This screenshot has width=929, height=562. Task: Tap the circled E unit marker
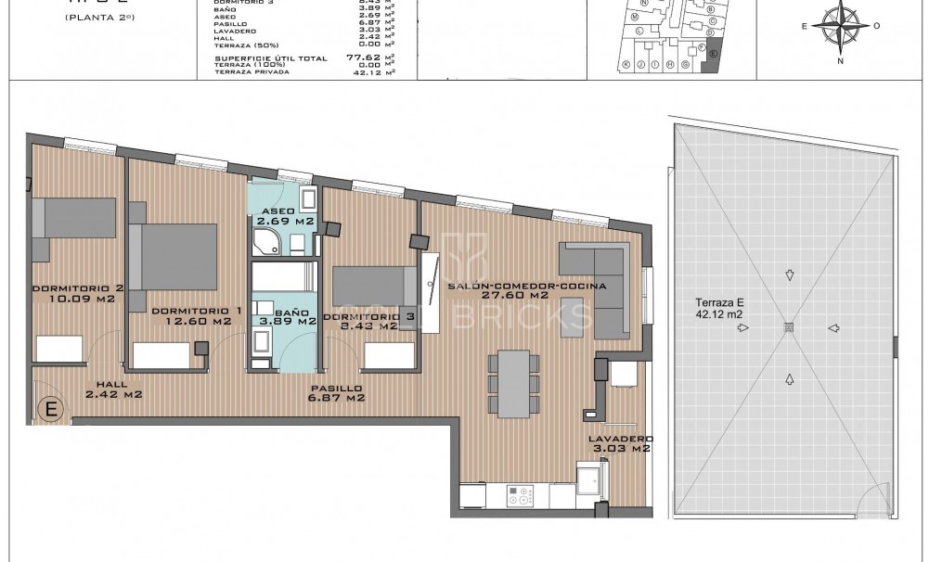(51, 409)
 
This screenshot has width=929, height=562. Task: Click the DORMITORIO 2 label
(78, 293)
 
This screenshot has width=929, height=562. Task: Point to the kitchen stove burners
(518, 497)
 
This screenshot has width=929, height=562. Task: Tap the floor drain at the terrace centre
(789, 326)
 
